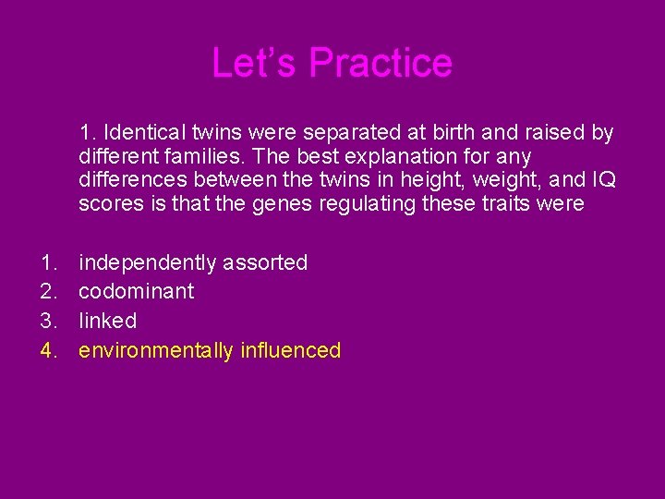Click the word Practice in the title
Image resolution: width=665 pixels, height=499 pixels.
(x=381, y=63)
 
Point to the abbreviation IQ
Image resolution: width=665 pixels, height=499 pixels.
(x=603, y=179)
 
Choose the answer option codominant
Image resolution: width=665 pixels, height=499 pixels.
(x=136, y=291)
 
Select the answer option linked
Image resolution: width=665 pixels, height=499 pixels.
(x=107, y=321)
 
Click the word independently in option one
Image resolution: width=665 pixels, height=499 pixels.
(x=149, y=262)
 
